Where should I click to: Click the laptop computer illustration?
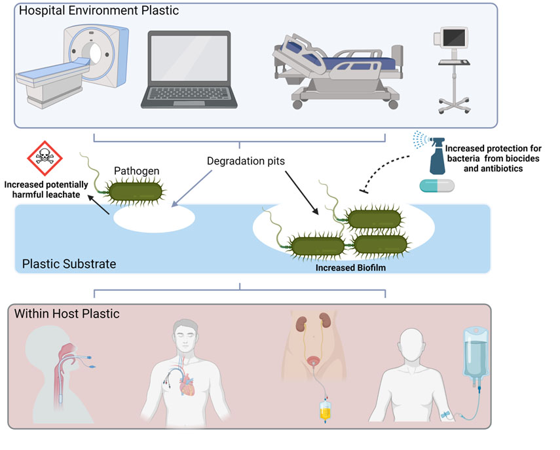coord(185,70)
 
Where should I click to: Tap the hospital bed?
coord(336,72)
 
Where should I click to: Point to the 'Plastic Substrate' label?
coord(69,264)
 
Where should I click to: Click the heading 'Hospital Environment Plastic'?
coord(99,11)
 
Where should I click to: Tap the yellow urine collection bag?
coord(325,413)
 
